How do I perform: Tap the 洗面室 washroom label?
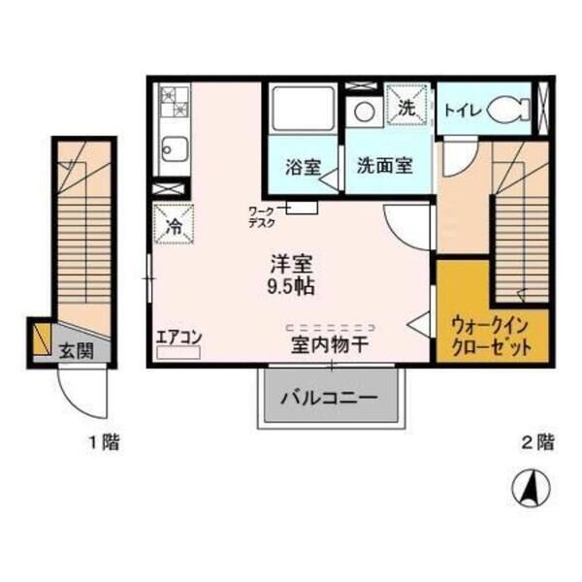coord(383,165)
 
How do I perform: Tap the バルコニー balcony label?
coord(328,397)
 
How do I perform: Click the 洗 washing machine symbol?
coord(406,107)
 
